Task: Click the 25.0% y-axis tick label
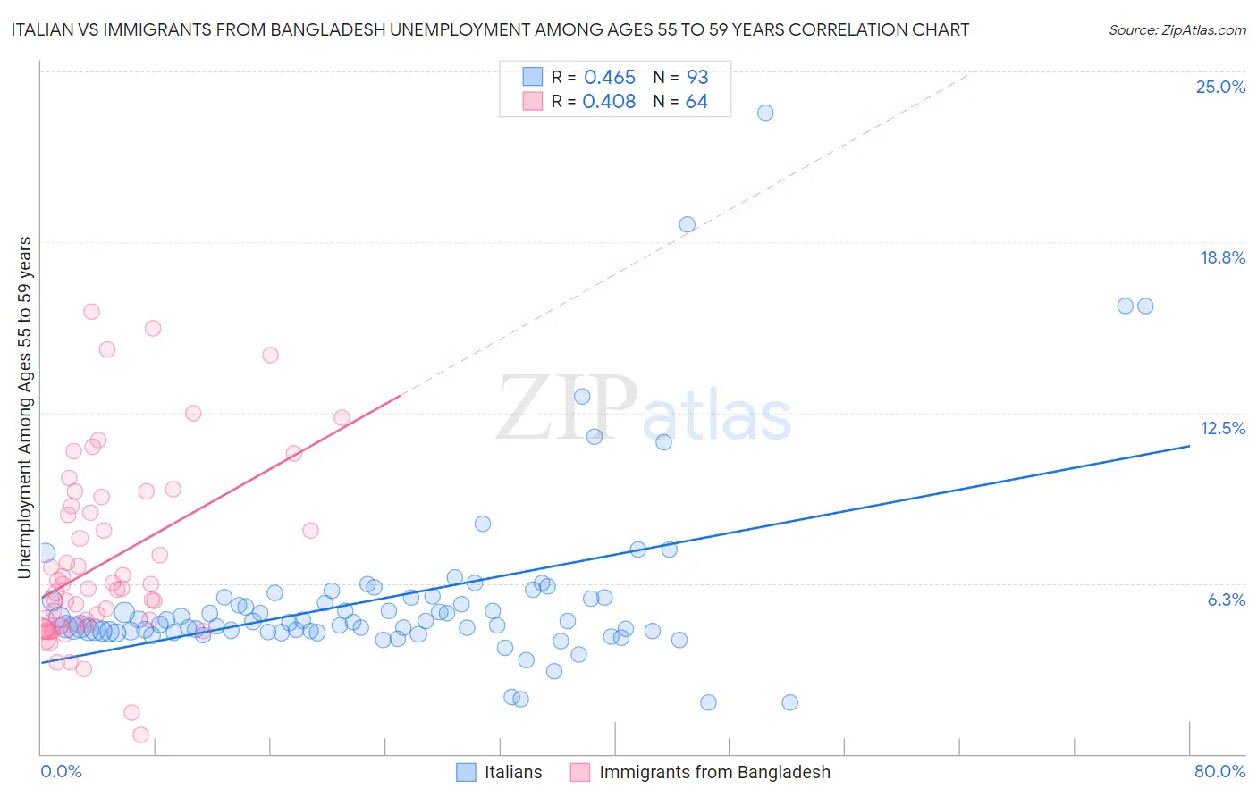click(1220, 87)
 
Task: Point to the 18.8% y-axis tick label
click(1222, 257)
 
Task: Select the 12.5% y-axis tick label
click(1222, 428)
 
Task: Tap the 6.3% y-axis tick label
click(1226, 600)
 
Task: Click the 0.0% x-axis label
click(61, 771)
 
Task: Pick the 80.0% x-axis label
click(1219, 771)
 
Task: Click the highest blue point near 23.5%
click(765, 113)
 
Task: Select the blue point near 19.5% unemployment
click(687, 224)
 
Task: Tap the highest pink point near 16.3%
click(91, 312)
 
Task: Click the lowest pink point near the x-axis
click(140, 734)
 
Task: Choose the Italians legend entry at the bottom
click(512, 772)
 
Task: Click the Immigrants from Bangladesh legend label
click(714, 772)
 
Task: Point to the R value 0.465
click(610, 78)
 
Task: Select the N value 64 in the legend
click(696, 102)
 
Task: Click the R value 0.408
click(609, 102)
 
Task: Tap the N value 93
click(697, 78)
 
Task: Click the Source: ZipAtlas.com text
click(1177, 29)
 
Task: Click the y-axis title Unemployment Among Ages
click(25, 407)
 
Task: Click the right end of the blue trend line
click(1189, 445)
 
